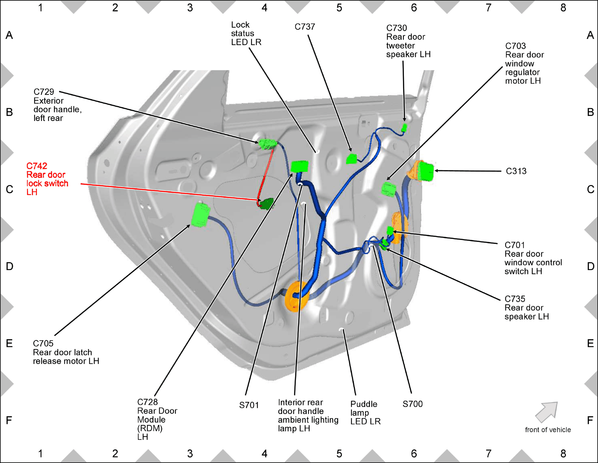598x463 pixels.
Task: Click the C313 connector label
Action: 516,171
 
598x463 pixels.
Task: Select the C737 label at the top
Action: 305,27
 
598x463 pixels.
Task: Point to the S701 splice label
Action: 249,405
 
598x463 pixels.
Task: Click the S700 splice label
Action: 412,404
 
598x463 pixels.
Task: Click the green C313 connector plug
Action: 426,171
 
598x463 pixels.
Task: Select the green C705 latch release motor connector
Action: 200,215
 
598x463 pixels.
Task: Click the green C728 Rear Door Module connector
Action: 300,166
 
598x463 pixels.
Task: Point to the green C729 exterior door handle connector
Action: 267,144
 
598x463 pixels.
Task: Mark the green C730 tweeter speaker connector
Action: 404,128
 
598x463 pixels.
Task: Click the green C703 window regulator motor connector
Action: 389,189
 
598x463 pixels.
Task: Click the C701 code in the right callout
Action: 515,245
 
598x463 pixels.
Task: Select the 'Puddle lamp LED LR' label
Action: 365,413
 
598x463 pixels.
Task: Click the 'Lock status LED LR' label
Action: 246,33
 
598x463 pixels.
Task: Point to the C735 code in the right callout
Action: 515,299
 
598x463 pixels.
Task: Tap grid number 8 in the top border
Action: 563,8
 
